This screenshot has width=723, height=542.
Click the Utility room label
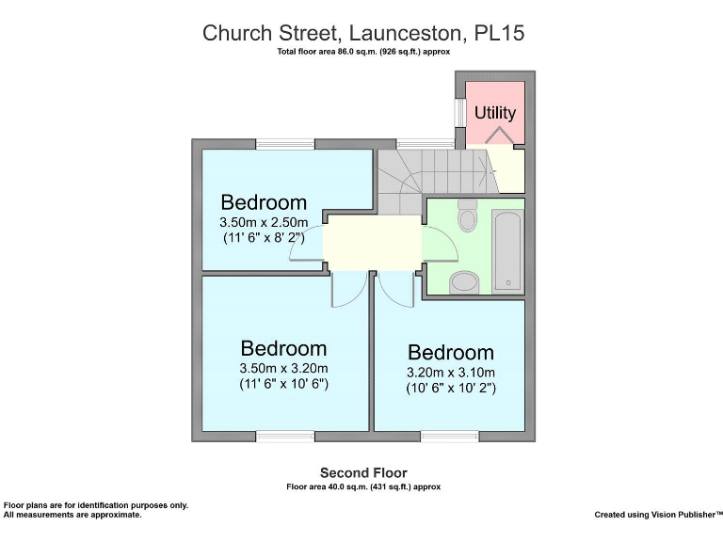tap(495, 113)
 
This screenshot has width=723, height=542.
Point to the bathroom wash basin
tap(464, 281)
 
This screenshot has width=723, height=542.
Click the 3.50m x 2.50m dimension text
tap(263, 223)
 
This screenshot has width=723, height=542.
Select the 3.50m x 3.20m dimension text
tap(283, 368)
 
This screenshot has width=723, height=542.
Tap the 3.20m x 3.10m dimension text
tap(450, 373)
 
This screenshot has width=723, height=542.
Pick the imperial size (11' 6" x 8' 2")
tap(264, 239)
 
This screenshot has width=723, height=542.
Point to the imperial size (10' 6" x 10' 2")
tap(451, 388)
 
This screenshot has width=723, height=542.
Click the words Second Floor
tap(363, 472)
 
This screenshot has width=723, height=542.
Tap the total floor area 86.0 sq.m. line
tap(363, 52)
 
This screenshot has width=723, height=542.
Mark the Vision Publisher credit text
tap(658, 515)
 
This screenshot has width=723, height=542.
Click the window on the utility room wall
tap(460, 113)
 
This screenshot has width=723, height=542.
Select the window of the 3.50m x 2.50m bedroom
tap(285, 144)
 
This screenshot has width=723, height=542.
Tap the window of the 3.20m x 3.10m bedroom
tap(450, 436)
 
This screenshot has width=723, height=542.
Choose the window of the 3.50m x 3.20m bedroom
tap(285, 436)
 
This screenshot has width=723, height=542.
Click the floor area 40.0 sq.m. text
tap(363, 486)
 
